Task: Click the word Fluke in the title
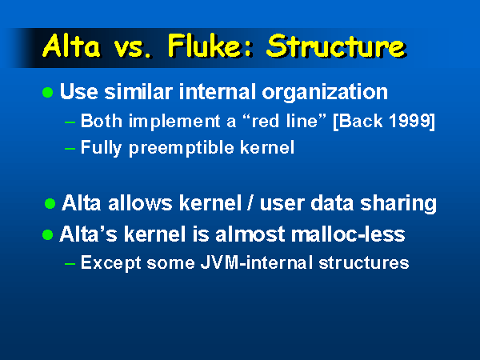click(210, 46)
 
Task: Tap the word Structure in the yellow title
click(337, 46)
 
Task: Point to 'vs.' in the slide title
click(133, 49)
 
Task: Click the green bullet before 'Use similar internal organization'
click(47, 93)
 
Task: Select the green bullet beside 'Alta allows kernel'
click(50, 203)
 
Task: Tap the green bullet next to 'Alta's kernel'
click(47, 235)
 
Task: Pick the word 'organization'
click(325, 93)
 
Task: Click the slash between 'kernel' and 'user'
click(250, 203)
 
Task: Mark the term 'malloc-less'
click(348, 234)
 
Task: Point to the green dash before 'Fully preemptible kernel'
click(70, 149)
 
